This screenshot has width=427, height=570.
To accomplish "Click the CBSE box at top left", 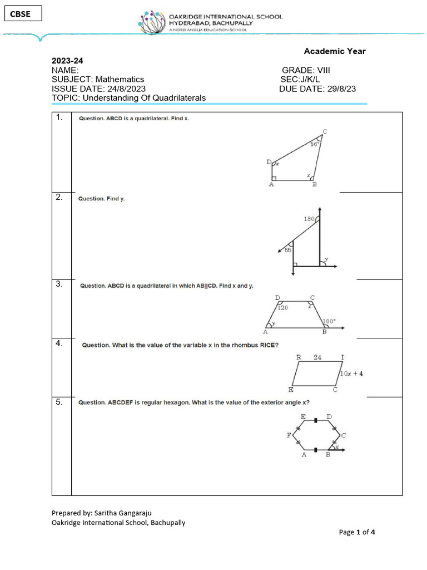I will [x=23, y=14].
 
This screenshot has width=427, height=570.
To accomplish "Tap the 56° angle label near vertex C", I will [x=315, y=144].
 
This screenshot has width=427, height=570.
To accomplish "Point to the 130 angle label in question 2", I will [x=310, y=219].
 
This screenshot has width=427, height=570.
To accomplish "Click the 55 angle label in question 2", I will [x=288, y=250].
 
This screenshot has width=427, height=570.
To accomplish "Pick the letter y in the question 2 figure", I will [x=326, y=259].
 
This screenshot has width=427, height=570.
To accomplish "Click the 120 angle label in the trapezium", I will [x=283, y=308].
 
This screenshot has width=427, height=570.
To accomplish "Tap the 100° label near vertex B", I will [x=330, y=321].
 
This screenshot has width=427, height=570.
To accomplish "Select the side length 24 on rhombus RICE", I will [x=317, y=357].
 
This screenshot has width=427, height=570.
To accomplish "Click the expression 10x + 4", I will [x=351, y=374].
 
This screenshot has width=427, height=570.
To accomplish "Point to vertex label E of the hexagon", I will [x=302, y=416].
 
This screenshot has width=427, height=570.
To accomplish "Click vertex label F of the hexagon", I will [x=289, y=435].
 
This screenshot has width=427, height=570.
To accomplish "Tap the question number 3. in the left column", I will [x=59, y=284].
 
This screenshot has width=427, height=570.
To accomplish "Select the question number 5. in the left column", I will [x=59, y=401].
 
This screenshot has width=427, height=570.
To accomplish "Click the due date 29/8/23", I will [x=341, y=89].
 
